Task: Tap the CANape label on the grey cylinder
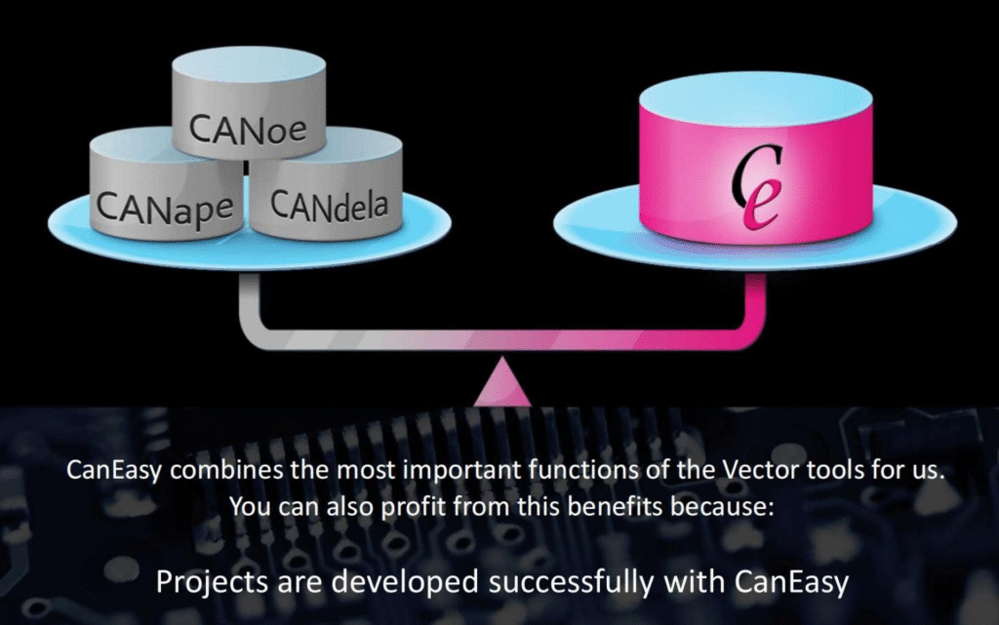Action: (x=164, y=208)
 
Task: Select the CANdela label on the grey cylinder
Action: (x=329, y=205)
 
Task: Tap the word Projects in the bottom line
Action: (x=212, y=583)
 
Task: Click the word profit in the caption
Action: (x=414, y=507)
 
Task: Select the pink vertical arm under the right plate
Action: (x=756, y=301)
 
